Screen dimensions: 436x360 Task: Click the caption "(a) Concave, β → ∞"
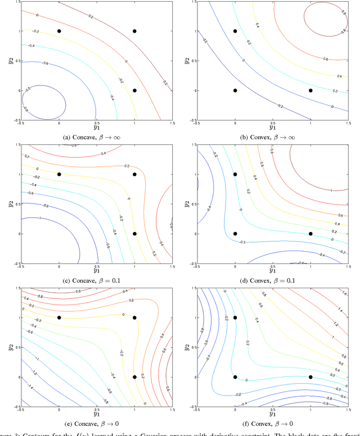click(x=97, y=136)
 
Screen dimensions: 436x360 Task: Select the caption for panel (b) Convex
click(x=272, y=136)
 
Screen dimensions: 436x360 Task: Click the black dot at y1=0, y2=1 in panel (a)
click(x=59, y=31)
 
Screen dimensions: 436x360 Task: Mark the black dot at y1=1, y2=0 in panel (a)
click(x=134, y=90)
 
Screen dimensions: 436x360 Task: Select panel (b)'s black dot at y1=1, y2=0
click(x=310, y=90)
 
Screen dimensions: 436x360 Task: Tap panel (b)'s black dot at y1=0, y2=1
click(x=235, y=31)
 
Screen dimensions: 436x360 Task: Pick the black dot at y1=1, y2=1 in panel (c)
click(x=134, y=174)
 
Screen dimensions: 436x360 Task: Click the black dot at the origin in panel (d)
click(x=235, y=234)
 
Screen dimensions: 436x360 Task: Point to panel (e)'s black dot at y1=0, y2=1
click(x=59, y=318)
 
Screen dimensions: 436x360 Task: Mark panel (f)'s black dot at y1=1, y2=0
click(x=310, y=377)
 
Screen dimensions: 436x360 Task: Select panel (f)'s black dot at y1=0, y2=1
click(x=235, y=318)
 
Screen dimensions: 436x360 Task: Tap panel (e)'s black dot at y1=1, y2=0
click(x=134, y=377)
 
